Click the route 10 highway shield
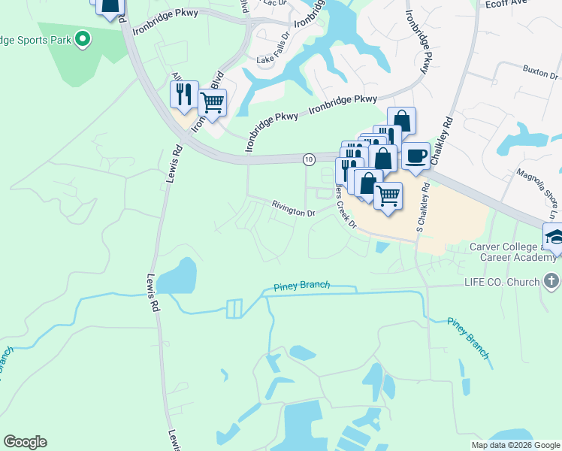[x=309, y=159]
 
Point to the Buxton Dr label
[x=541, y=74]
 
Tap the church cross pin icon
[x=551, y=281]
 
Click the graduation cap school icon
[x=555, y=237]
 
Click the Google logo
[x=25, y=442]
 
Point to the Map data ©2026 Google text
[x=515, y=445]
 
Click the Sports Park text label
[x=36, y=38]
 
